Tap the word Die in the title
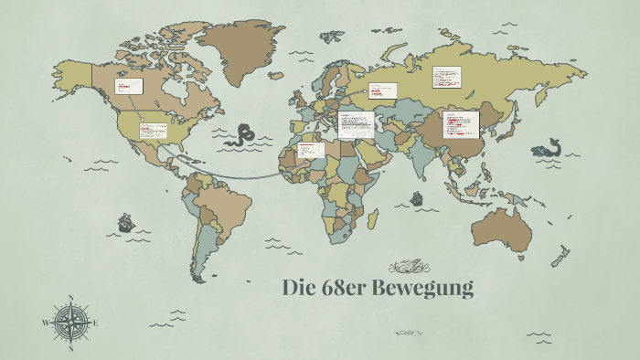click(x=299, y=289)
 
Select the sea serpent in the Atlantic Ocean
click(x=243, y=135)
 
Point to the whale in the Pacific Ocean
click(x=547, y=148)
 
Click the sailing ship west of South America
click(x=125, y=222)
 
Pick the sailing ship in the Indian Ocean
click(x=416, y=197)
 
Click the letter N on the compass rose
click(x=70, y=298)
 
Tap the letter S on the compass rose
click(x=70, y=348)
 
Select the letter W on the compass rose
click(x=45, y=323)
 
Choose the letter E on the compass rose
click(x=95, y=323)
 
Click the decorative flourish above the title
click(x=409, y=267)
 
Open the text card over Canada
click(x=128, y=86)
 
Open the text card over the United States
click(x=151, y=130)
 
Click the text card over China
click(x=460, y=124)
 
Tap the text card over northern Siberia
click(x=447, y=77)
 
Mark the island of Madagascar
click(x=373, y=218)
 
